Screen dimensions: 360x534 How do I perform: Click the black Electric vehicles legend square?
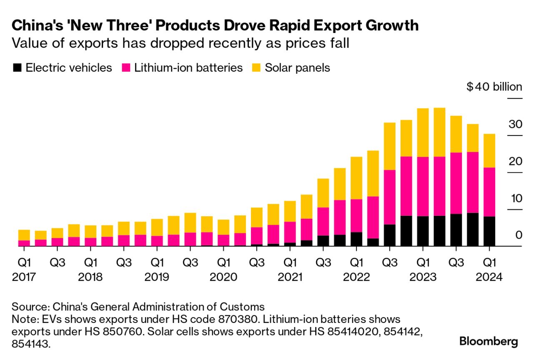[18, 68]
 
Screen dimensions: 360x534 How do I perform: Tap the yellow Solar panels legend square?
[257, 68]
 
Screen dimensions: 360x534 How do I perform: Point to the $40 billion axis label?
[494, 87]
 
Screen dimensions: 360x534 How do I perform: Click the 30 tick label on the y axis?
[515, 124]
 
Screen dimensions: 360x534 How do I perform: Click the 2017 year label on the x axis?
[24, 277]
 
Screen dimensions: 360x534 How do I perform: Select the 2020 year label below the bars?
[223, 277]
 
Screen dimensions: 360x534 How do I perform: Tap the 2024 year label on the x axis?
[490, 277]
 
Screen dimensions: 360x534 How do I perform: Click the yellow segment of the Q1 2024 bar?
[489, 150]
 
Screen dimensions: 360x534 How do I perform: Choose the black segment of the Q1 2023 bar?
[423, 231]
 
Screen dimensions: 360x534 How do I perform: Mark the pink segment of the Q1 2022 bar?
[356, 215]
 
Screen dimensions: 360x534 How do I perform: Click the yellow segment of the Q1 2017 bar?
[24, 235]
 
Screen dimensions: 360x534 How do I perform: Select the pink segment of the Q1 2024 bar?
[489, 192]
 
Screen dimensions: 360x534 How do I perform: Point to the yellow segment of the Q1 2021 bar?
[290, 211]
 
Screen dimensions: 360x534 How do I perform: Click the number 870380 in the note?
[207, 320]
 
